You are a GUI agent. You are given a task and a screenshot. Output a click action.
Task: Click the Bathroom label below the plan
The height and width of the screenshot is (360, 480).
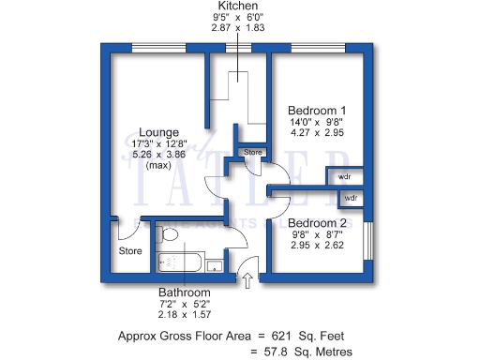coord(184,292)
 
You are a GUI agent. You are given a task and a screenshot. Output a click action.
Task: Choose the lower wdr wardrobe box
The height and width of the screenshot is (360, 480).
coord(351,199)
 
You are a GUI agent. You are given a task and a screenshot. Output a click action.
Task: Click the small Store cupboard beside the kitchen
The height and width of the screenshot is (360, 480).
coord(252,152)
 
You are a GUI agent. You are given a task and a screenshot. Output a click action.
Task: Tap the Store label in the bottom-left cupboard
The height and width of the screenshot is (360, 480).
coord(129,251)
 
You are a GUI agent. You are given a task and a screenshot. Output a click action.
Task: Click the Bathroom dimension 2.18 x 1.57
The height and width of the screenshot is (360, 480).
coord(184,316)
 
